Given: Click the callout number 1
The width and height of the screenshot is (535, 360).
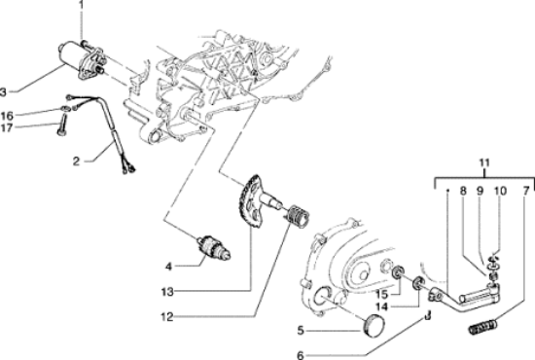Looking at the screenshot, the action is tap(81, 5).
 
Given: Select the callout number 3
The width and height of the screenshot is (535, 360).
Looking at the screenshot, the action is tap(3, 91).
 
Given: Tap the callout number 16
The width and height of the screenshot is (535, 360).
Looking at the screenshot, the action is tap(7, 116).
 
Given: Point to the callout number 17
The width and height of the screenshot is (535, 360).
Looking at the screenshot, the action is tap(7, 127).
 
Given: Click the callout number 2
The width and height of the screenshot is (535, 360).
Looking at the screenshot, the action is tap(77, 161).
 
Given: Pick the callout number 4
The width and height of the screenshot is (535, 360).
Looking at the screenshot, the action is tap(168, 267).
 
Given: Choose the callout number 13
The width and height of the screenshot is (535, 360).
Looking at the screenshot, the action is tap(167, 292).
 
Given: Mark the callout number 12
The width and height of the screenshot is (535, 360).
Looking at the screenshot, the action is tap(167, 317).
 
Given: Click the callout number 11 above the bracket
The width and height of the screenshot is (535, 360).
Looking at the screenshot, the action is tap(484, 162).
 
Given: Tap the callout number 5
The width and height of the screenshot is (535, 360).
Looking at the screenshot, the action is tap(301, 330).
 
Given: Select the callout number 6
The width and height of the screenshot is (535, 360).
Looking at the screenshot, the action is tap(301, 355).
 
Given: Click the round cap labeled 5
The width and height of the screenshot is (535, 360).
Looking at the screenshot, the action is tap(374, 326).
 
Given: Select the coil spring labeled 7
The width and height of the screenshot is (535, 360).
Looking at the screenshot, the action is tap(481, 326).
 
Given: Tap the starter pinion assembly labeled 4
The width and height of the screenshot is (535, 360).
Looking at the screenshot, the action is tap(214, 248).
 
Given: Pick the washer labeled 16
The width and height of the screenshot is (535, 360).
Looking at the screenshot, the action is tap(65, 109).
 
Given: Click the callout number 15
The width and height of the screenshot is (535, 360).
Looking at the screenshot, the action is tap(382, 294).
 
